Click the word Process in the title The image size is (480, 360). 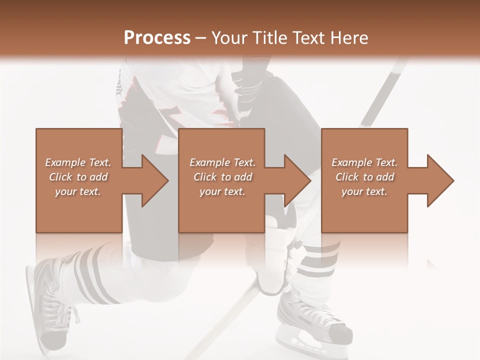[x=157, y=38]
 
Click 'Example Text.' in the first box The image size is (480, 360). [x=78, y=162]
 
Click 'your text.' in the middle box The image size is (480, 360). [x=222, y=191]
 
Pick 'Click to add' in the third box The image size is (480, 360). [x=365, y=177]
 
